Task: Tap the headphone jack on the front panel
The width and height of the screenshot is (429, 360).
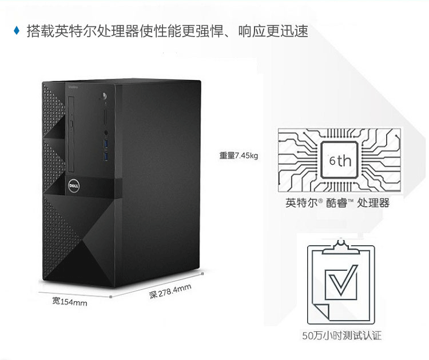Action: click(106, 105)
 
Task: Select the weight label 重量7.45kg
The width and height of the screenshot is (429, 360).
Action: click(239, 155)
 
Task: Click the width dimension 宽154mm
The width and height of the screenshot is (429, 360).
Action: click(70, 301)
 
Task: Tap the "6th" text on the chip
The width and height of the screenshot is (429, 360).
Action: click(340, 160)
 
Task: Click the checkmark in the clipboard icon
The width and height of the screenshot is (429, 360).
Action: click(341, 280)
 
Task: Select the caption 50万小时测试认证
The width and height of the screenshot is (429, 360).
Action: click(341, 335)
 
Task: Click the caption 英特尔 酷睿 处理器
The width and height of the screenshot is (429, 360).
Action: click(337, 203)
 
